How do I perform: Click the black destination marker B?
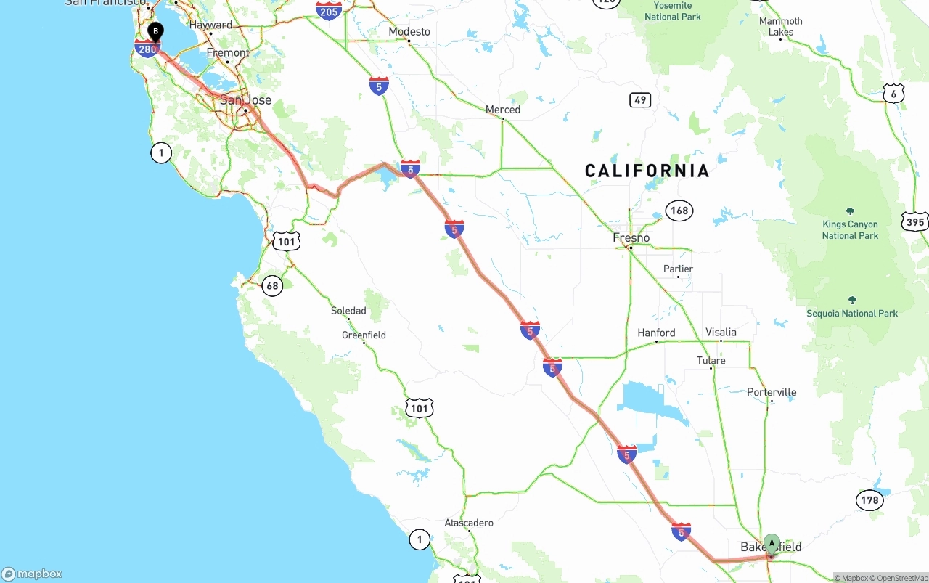pyautogui.click(x=155, y=32)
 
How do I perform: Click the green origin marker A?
pyautogui.click(x=772, y=543)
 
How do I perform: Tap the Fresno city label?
pyautogui.click(x=631, y=237)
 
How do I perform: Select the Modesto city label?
pyautogui.click(x=409, y=31)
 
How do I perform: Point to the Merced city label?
pyautogui.click(x=503, y=110)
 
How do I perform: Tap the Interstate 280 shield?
pyautogui.click(x=147, y=49)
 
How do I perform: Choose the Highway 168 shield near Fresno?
pyautogui.click(x=679, y=211)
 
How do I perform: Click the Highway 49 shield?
pyautogui.click(x=640, y=100)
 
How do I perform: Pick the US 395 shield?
pyautogui.click(x=915, y=222)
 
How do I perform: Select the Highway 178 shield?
pyautogui.click(x=869, y=500)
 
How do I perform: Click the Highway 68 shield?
pyautogui.click(x=271, y=285)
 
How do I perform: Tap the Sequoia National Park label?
pyautogui.click(x=852, y=313)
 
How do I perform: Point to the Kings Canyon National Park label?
pyautogui.click(x=850, y=229)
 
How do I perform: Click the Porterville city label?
pyautogui.click(x=772, y=392)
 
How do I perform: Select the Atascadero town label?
pyautogui.click(x=469, y=523)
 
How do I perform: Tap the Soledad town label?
pyautogui.click(x=348, y=311)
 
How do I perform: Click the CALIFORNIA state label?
pyautogui.click(x=647, y=171)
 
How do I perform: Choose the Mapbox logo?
pyautogui.click(x=32, y=574)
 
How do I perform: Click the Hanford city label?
pyautogui.click(x=656, y=333)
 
